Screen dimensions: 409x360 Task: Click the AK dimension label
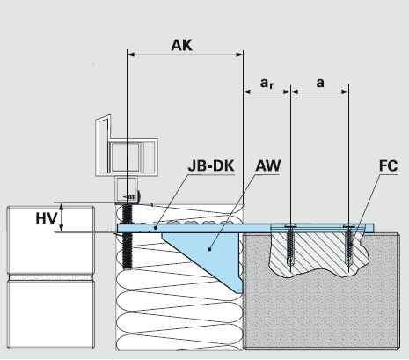click(181, 45)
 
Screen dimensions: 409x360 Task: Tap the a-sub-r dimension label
click(267, 84)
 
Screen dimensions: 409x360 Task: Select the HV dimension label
click(46, 218)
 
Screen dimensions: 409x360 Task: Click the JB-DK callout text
click(211, 165)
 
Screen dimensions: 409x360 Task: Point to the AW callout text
click(268, 165)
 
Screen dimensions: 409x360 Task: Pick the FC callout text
click(388, 165)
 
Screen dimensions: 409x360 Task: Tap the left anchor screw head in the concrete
click(290, 226)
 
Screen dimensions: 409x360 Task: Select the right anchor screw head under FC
click(348, 226)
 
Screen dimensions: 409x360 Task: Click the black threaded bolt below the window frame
click(127, 236)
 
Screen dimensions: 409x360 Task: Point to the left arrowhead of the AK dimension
click(131, 55)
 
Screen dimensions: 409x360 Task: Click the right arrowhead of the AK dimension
click(239, 55)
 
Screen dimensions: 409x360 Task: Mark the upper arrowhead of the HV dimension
click(62, 207)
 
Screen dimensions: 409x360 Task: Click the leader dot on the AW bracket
click(209, 249)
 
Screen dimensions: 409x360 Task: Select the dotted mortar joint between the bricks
click(50, 277)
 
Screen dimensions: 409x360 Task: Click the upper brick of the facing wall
click(50, 240)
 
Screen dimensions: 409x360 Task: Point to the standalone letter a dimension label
click(320, 84)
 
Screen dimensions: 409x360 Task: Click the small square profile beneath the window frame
click(127, 190)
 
